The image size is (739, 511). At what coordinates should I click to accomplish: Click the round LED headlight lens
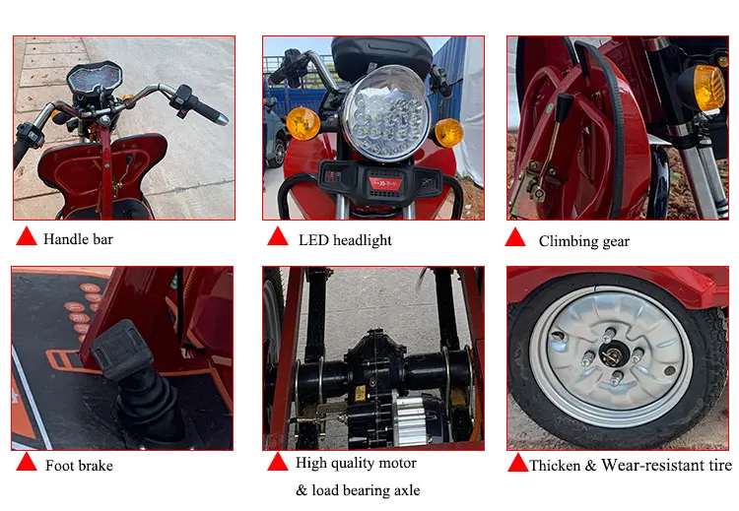pos(386,113)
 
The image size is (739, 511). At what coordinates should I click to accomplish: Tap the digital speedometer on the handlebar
pos(94,77)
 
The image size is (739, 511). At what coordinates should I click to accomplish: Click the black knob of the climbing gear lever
pos(564,107)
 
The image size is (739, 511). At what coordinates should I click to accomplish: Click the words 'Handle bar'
pos(78,239)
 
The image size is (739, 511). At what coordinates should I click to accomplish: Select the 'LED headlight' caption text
pos(345,240)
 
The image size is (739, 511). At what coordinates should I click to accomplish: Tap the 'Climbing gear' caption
pos(584,241)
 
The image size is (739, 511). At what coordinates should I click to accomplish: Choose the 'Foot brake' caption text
pos(79,466)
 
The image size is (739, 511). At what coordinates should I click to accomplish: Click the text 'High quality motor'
pos(356,463)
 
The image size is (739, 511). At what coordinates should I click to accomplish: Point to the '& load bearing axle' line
pos(358,490)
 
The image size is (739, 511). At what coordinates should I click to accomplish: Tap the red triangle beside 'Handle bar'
pos(27,237)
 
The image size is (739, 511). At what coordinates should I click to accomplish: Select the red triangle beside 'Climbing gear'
pos(515,238)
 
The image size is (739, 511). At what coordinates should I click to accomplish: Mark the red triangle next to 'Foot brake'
pos(27,463)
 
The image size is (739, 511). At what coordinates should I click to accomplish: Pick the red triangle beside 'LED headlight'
pos(278,237)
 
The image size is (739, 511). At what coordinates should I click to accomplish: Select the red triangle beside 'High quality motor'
pos(278,463)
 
